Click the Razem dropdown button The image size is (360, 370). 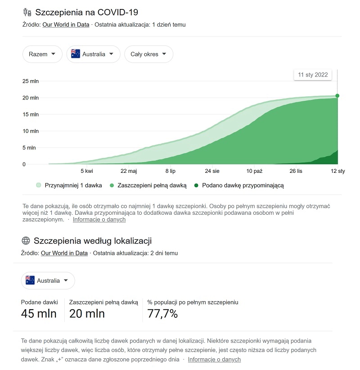42,54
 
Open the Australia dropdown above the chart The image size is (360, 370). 93,54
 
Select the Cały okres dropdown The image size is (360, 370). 148,54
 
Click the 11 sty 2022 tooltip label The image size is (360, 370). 313,75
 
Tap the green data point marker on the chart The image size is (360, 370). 337,95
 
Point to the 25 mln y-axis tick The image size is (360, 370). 31,81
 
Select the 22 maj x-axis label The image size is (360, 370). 129,171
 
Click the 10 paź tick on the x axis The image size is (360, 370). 254,171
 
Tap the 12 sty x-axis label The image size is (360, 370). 337,171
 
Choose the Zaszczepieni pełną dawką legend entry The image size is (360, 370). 148,185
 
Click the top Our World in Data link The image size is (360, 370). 66,25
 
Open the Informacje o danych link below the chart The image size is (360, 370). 99,220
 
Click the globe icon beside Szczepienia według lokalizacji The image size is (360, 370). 26,240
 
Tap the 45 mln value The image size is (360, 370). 39,313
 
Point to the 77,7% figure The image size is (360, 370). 162,313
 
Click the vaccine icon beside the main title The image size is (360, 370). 27,12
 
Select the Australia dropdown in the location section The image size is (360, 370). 48,280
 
